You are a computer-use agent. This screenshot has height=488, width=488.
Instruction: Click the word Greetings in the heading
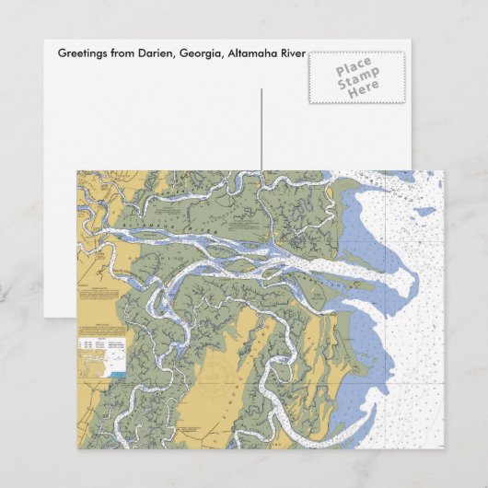82,52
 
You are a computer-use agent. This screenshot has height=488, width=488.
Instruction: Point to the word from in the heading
120,52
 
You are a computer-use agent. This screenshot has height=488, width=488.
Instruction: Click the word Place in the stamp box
354,69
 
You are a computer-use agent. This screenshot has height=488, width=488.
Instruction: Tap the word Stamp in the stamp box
354,81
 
